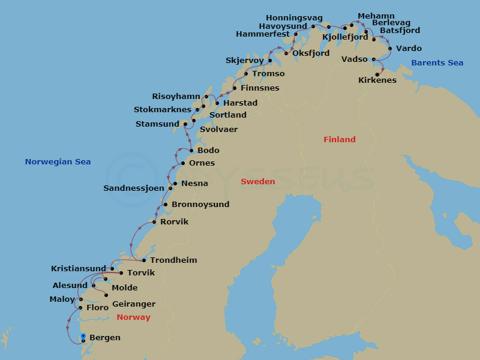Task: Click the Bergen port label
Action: pos(104,338)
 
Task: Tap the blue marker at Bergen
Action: pos(83,337)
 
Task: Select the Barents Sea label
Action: pos(437,63)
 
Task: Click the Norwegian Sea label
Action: pos(58,162)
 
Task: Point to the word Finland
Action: pos(340,140)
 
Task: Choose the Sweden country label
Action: pos(258,182)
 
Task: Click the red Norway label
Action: pos(134,317)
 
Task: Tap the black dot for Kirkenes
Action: pos(377,74)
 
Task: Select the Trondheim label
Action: pos(173,260)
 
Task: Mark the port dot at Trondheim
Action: pos(144,260)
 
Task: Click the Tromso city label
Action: pos(268,74)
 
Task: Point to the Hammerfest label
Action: pos(263,34)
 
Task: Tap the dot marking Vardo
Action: pos(390,49)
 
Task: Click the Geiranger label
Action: pos(133,304)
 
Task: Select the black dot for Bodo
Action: pos(191,151)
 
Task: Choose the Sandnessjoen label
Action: pos(134,188)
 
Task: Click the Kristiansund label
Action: pos(79,269)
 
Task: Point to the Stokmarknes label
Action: pos(162,110)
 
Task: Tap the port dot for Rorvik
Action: pos(154,222)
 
